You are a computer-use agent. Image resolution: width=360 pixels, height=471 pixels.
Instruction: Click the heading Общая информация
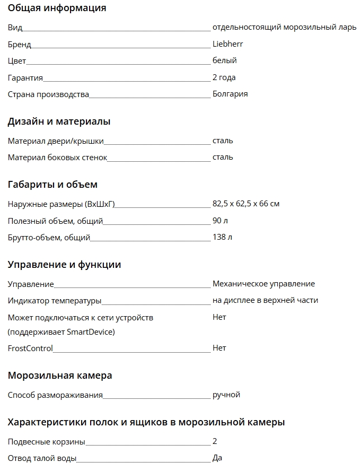[x=57, y=8]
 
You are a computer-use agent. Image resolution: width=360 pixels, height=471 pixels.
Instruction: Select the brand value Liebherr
[x=227, y=44]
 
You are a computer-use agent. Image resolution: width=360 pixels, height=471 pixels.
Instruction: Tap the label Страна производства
[x=48, y=94]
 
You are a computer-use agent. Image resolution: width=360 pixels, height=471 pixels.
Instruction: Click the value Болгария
[x=230, y=94]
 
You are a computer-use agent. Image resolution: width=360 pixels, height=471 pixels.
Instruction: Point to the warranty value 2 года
[x=224, y=77]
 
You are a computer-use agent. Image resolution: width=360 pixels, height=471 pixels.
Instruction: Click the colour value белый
[x=224, y=60]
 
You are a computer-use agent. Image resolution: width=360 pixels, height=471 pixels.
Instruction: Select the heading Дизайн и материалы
[x=59, y=121]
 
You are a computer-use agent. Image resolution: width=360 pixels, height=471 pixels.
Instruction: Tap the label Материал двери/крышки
[x=56, y=141]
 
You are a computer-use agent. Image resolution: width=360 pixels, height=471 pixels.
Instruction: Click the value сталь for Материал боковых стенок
[x=223, y=157]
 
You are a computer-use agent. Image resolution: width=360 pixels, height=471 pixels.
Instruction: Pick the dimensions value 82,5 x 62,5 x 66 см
[x=245, y=204]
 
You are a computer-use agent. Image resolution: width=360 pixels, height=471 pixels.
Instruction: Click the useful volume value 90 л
[x=220, y=221]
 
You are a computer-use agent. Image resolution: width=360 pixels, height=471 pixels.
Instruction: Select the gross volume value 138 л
[x=222, y=237]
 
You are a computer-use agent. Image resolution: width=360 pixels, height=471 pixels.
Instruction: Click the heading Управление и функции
[x=64, y=265]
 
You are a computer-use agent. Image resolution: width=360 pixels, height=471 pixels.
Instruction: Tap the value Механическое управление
[x=264, y=284]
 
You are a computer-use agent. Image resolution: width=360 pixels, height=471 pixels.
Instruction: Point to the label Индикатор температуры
[x=54, y=301]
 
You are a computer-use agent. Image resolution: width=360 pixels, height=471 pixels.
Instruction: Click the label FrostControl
[x=30, y=348]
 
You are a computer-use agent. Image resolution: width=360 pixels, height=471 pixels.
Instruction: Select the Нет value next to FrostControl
[x=219, y=348]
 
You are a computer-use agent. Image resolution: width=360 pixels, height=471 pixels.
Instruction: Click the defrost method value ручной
[x=226, y=395]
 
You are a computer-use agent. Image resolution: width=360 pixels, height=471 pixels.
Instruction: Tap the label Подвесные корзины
[x=46, y=442]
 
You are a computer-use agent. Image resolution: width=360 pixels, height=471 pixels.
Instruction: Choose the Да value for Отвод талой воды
[x=217, y=458]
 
